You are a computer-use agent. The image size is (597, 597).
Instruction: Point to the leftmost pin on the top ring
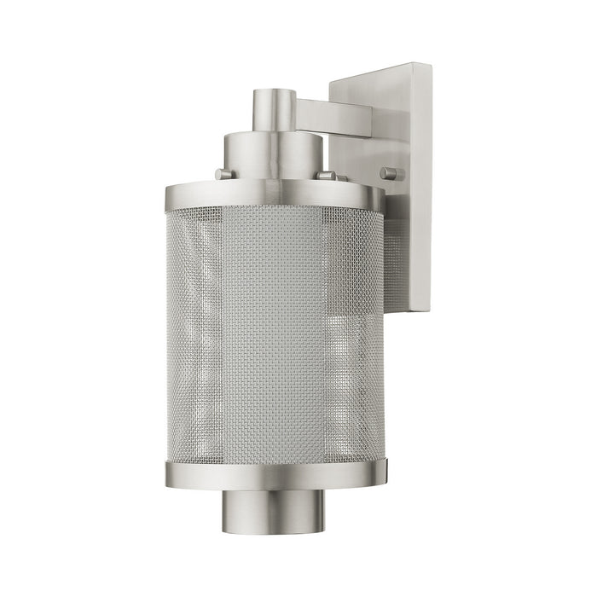coord(223,175)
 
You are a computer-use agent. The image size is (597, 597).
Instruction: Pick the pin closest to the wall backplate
coord(391,173)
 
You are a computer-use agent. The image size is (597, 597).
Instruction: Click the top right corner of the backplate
coord(428,65)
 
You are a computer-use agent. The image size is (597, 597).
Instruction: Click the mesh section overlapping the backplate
coord(394,256)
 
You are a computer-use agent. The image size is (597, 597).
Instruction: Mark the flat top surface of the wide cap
coord(275,136)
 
